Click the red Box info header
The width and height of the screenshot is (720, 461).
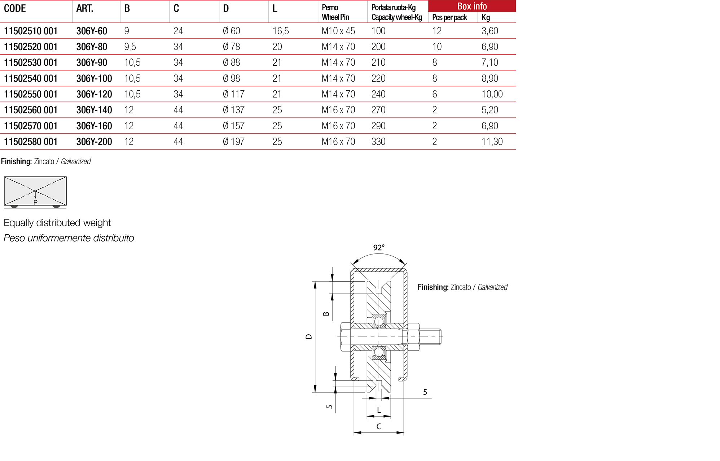(x=471, y=6)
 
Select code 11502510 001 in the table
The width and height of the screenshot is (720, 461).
(x=31, y=31)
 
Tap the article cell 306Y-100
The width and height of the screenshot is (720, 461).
(x=94, y=78)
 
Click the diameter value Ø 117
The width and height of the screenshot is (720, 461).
(x=233, y=94)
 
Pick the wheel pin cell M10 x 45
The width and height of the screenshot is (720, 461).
(x=338, y=31)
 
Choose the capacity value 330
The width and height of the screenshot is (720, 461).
(x=378, y=142)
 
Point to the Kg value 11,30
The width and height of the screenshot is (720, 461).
(x=492, y=142)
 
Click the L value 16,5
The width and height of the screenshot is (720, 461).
(x=280, y=31)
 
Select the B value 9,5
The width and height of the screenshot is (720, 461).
(x=130, y=47)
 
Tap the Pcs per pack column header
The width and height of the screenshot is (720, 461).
(x=449, y=17)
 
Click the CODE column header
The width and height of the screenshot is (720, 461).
(x=15, y=8)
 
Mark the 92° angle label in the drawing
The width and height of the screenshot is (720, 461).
(x=379, y=248)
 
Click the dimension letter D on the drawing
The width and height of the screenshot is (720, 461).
(x=309, y=336)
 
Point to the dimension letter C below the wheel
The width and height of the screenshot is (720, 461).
(x=378, y=426)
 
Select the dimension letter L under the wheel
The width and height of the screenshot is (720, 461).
(x=378, y=410)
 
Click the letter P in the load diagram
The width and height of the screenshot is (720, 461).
(x=35, y=203)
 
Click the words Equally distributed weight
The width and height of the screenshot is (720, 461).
(x=57, y=223)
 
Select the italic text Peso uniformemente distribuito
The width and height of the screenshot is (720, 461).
(x=69, y=238)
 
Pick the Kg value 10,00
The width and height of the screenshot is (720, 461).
(x=492, y=94)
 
